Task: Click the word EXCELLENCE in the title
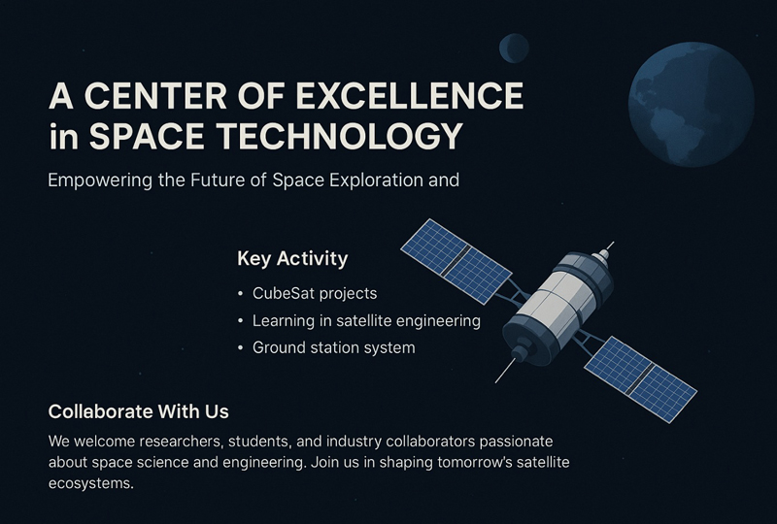click(x=410, y=96)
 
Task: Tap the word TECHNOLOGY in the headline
click(x=339, y=136)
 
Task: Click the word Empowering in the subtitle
click(x=100, y=180)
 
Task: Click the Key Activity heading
click(x=292, y=259)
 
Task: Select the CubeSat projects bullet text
click(x=315, y=294)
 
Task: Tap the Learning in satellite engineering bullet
click(x=366, y=321)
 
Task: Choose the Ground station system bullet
click(x=333, y=347)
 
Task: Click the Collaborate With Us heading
click(x=138, y=411)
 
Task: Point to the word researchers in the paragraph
click(x=182, y=442)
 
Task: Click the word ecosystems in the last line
click(x=90, y=484)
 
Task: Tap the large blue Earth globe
click(x=692, y=105)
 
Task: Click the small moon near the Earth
click(x=514, y=49)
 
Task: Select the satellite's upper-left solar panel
click(x=456, y=261)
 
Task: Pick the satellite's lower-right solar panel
click(x=641, y=379)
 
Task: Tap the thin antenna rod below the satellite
click(x=505, y=371)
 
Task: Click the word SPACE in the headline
click(x=147, y=136)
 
